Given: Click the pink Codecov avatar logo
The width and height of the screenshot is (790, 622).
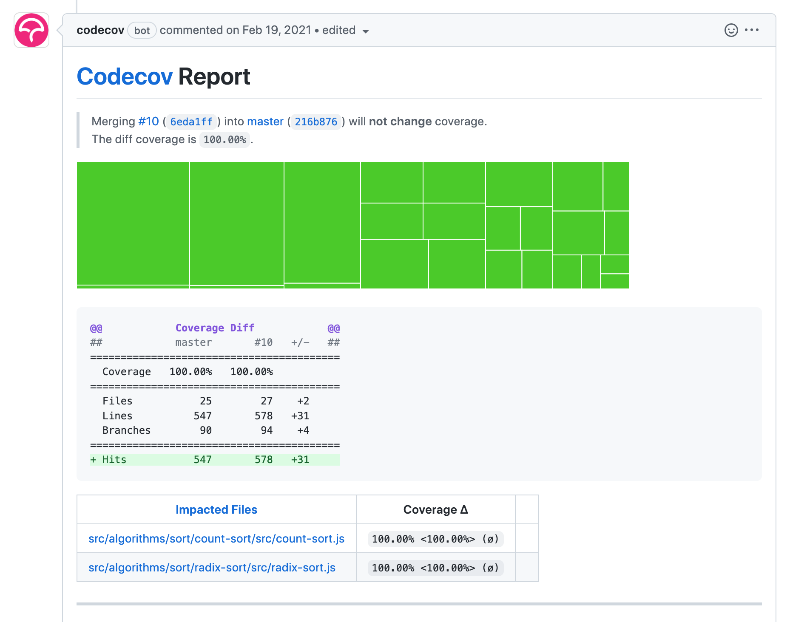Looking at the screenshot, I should pos(31,30).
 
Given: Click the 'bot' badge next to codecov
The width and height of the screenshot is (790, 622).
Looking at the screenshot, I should pos(142,31).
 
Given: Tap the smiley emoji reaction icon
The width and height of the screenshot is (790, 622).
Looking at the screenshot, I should pos(731,30).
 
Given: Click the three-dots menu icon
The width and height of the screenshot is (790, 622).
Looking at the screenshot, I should pos(752,30).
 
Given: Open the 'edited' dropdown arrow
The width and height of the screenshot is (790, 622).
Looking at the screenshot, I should pos(365,31).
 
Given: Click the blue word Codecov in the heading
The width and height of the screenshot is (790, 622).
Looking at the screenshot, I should pos(125,77).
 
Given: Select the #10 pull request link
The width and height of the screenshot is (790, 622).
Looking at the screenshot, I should pos(148,122).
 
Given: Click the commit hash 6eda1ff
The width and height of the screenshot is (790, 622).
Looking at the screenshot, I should pos(191,122).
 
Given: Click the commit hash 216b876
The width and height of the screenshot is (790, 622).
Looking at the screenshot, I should pos(316,122).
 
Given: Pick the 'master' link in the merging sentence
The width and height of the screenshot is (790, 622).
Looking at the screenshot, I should pos(265,122).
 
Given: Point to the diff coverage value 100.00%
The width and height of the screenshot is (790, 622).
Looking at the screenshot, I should pos(224,140).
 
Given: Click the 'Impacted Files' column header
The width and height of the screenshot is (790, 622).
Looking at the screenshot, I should pos(216,510).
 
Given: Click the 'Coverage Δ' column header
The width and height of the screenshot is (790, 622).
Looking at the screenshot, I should pos(435,510).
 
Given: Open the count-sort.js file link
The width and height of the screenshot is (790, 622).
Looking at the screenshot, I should pos(216,539).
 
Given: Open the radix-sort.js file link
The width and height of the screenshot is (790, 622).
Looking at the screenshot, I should pos(212,568).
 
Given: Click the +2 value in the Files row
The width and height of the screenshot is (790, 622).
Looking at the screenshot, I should pos(303,401).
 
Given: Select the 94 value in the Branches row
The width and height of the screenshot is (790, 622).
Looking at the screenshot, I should pos(267,430).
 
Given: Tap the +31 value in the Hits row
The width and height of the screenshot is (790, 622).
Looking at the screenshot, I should pos(300,460).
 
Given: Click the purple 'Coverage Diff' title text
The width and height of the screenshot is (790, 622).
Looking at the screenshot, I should pos(215,328).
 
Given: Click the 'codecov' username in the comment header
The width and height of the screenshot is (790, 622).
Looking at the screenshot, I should pos(100,30).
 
